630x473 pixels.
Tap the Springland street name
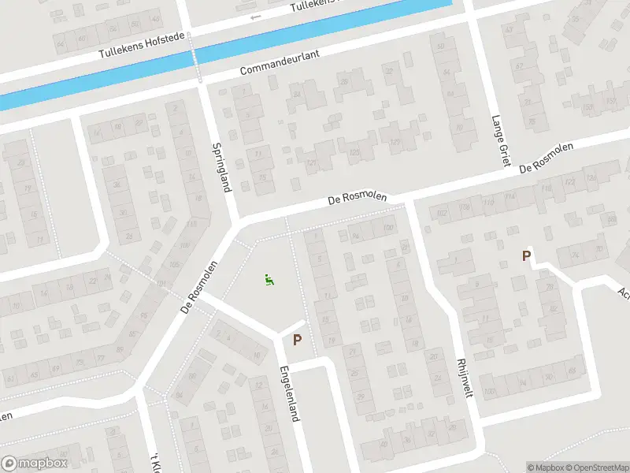pyautogui.click(x=222, y=168)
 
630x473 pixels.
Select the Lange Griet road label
pyautogui.click(x=497, y=140)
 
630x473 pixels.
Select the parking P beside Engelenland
pyautogui.click(x=298, y=341)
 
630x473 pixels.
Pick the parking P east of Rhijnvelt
pyautogui.click(x=526, y=255)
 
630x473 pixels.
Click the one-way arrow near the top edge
pyautogui.click(x=254, y=17)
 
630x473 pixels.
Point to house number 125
pyautogui.click(x=354, y=152)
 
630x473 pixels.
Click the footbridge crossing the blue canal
pyautogui.click(x=196, y=56)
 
